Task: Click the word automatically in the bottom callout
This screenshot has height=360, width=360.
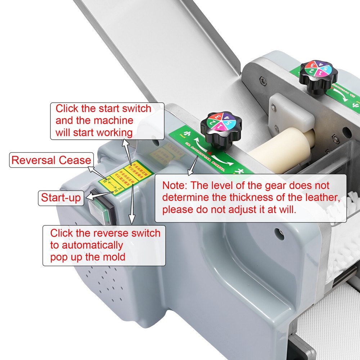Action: (86, 245)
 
